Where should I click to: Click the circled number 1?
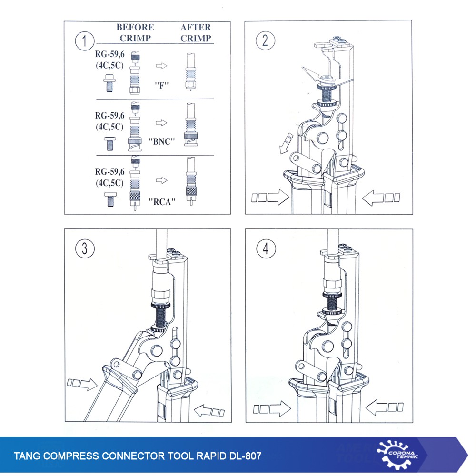point(85,40)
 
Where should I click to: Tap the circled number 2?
point(265,40)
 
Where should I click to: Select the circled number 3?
point(85,248)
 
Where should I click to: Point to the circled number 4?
point(266,248)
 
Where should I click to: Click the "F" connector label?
point(161,85)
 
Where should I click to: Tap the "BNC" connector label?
point(161,141)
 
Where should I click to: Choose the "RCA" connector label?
point(162,201)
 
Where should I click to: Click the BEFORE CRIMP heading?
point(135,32)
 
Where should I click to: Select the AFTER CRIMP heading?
point(196,32)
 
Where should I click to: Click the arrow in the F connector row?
point(161,66)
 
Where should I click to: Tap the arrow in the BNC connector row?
point(161,123)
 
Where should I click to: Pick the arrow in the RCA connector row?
point(161,180)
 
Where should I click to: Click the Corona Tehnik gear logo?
point(397,455)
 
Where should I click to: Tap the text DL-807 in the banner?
point(245,456)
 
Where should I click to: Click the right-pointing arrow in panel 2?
point(270,198)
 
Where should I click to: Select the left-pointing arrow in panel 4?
point(384,407)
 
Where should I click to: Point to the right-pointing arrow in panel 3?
point(82,384)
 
